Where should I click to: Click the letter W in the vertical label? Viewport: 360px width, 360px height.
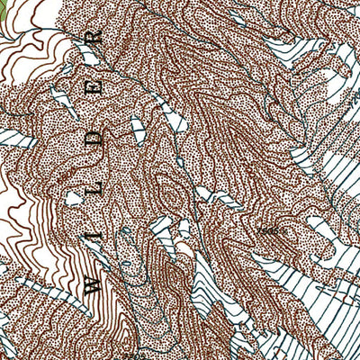click(93, 283)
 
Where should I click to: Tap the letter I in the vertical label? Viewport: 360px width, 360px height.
click(93, 239)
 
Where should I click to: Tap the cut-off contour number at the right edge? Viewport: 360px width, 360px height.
click(354, 103)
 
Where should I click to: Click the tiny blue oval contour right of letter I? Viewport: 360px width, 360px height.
click(126, 236)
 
